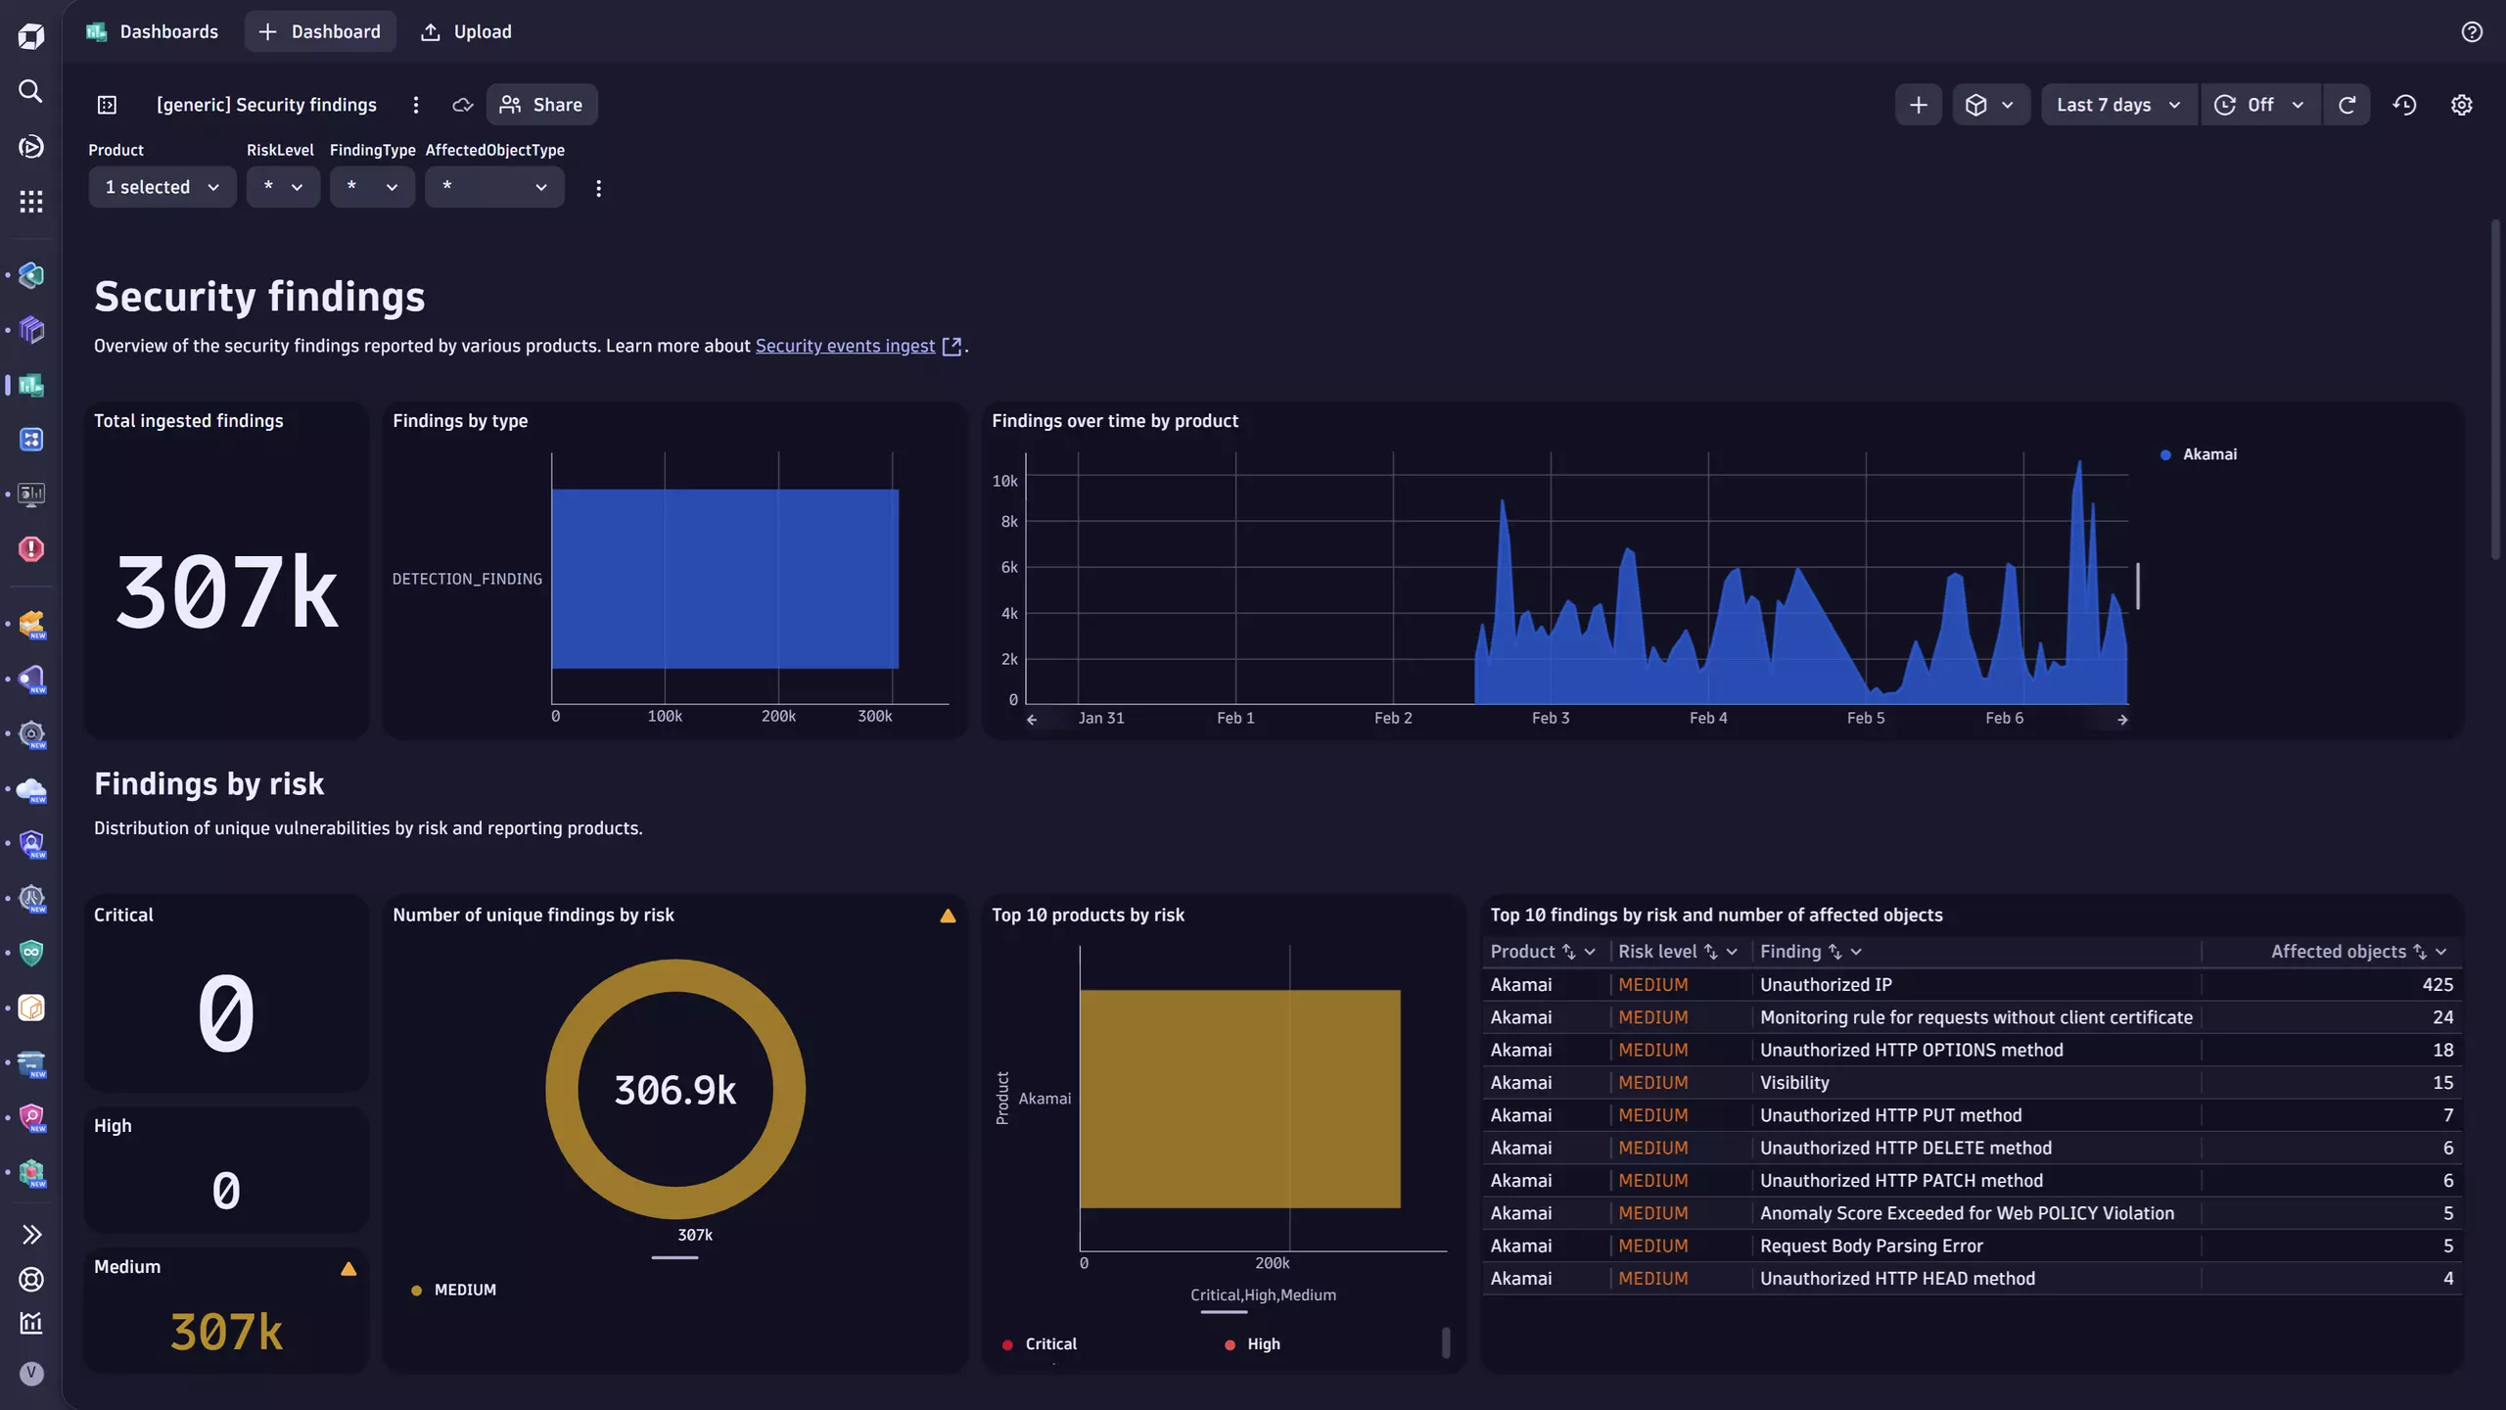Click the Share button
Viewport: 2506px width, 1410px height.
point(541,105)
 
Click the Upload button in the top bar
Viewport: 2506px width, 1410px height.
point(466,31)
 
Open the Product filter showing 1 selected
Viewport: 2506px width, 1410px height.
point(162,187)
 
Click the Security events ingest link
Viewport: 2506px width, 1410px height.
point(845,346)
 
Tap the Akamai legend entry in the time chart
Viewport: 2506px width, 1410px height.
point(2208,454)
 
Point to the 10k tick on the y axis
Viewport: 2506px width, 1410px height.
point(1004,481)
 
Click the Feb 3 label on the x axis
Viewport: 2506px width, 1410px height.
point(1550,718)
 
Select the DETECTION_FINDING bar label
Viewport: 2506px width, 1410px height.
point(467,579)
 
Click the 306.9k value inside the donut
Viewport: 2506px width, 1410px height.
point(674,1090)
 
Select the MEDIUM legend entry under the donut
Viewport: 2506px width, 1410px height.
point(464,1290)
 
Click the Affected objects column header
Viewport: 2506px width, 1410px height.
point(2338,952)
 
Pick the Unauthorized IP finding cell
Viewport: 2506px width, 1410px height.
point(1826,984)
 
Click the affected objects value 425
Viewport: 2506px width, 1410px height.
point(2436,984)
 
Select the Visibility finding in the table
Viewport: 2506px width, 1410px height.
point(1794,1082)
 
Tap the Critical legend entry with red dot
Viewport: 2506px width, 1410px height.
point(1049,1344)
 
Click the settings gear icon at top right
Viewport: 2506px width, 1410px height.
point(2461,105)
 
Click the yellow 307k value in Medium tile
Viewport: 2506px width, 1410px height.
point(226,1332)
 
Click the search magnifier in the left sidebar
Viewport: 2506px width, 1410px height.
point(30,91)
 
